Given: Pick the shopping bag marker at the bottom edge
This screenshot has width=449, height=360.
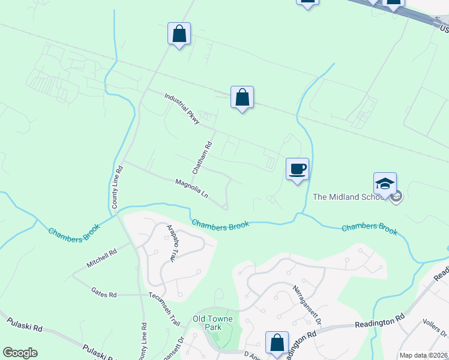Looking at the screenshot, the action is click(277, 343).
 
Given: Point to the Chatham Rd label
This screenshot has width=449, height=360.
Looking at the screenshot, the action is click(202, 158).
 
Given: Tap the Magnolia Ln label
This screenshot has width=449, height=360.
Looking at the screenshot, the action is click(191, 188).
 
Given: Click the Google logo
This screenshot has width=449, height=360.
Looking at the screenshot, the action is click(20, 353).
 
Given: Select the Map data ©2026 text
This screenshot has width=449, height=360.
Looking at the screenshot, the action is click(423, 355).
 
